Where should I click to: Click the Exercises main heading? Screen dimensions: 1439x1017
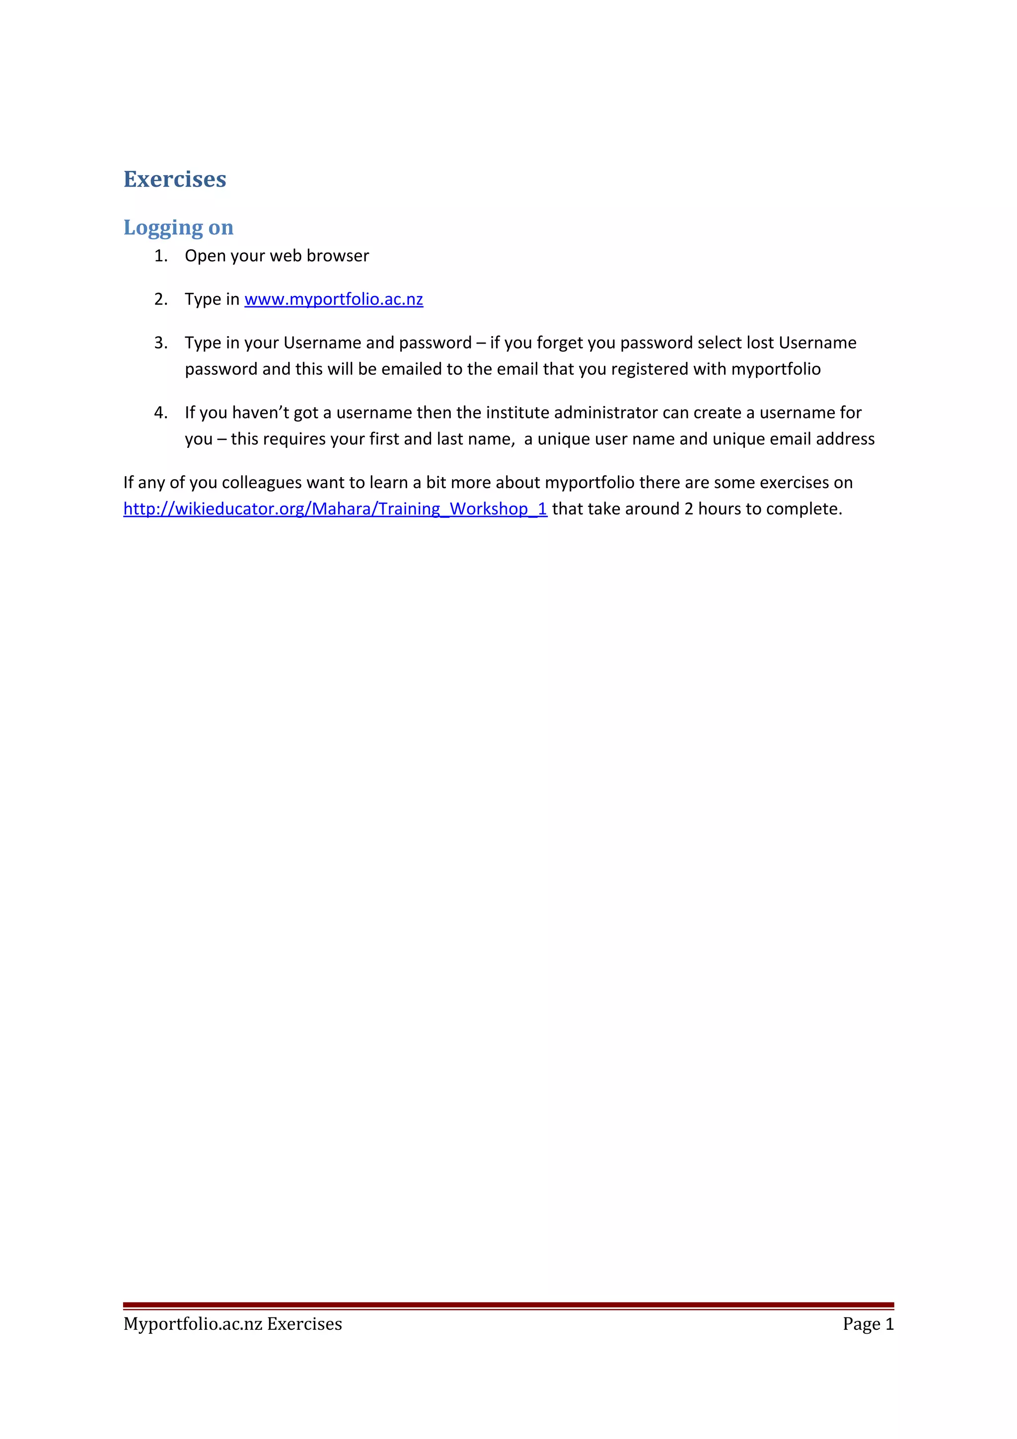[174, 179]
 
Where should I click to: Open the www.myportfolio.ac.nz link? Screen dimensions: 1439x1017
[333, 299]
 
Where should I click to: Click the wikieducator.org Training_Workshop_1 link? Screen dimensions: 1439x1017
[335, 509]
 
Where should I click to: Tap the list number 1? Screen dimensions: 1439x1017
[160, 256]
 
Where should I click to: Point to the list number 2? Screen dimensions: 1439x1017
[160, 299]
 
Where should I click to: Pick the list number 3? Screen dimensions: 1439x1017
[160, 343]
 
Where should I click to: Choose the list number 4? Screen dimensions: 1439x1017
[160, 413]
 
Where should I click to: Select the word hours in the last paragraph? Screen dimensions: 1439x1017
[720, 509]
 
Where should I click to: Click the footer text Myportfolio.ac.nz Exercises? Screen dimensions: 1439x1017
[232, 1324]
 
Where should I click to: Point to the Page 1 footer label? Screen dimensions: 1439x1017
[868, 1324]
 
